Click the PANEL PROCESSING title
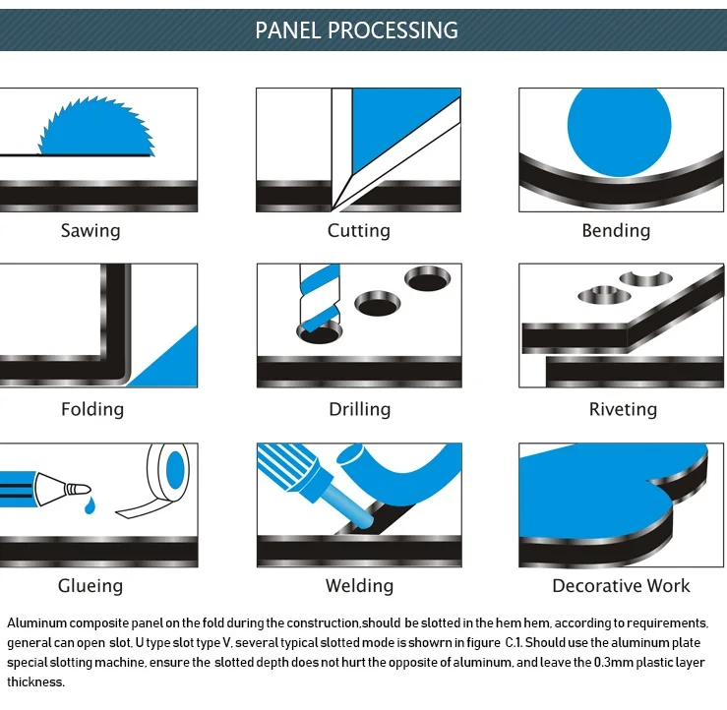(x=356, y=30)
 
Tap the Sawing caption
(x=91, y=231)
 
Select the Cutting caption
(x=358, y=231)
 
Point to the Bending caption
(x=616, y=231)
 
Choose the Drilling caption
(x=359, y=409)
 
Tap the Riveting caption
(x=622, y=409)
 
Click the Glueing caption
(x=91, y=586)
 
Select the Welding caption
(x=359, y=586)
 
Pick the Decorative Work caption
(x=621, y=586)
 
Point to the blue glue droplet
(x=91, y=505)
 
